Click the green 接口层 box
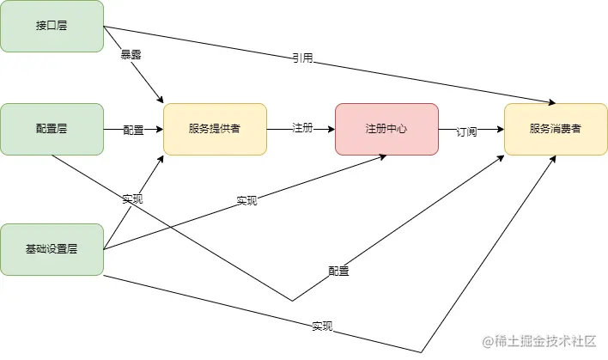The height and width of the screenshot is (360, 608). [52, 26]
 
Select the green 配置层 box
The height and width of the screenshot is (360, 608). [52, 129]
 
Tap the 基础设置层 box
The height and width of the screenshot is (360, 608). [52, 249]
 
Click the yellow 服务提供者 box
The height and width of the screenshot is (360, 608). [215, 129]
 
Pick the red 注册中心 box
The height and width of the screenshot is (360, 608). [386, 129]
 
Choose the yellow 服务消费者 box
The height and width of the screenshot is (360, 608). [556, 129]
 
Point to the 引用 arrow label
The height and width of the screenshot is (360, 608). [301, 58]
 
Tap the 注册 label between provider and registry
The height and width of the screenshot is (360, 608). [301, 129]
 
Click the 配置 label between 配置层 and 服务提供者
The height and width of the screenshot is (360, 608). [133, 130]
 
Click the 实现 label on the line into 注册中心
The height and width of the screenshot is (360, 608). [246, 200]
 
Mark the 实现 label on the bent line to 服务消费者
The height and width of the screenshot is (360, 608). [322, 326]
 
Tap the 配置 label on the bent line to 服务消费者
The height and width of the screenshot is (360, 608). [338, 271]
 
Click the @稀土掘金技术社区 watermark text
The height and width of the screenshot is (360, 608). [539, 341]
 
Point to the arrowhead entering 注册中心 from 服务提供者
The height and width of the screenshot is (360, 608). [331, 129]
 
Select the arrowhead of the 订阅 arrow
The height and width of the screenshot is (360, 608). [500, 129]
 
